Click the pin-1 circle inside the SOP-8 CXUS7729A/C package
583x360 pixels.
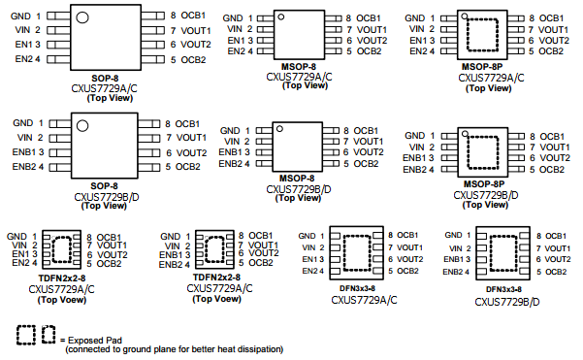pos(82,17)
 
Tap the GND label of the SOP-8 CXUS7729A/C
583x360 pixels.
pos(20,16)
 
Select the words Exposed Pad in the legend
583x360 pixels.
pos(95,340)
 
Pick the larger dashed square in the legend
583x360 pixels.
pos(26,335)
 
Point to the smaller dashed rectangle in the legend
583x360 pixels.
pos(49,335)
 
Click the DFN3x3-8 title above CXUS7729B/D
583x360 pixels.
pos(503,289)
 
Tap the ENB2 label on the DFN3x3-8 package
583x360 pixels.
pos(452,272)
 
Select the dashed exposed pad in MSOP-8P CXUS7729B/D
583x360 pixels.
pos(483,152)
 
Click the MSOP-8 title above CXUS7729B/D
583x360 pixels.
pos(297,179)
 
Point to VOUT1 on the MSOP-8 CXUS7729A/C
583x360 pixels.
pos(372,30)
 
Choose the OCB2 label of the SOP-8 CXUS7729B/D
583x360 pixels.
pos(188,167)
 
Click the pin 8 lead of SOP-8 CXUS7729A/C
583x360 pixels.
pos(152,16)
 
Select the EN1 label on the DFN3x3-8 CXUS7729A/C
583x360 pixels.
pos(309,259)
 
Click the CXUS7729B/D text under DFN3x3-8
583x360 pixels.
pos(506,302)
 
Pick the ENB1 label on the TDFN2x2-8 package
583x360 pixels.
pos(171,255)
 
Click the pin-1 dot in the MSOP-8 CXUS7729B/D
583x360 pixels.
pos(279,129)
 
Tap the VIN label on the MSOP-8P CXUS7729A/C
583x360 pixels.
pos(416,29)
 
